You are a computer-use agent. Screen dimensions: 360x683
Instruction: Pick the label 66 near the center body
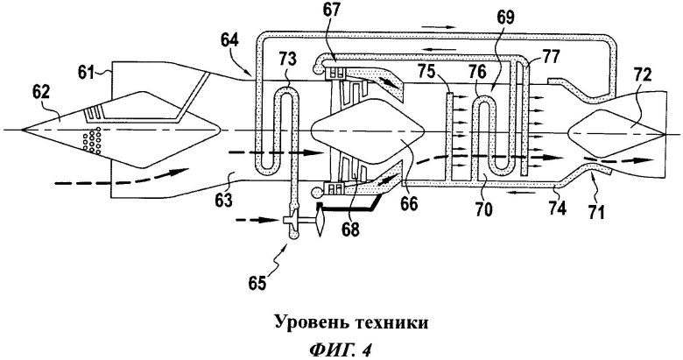tap(409, 203)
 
